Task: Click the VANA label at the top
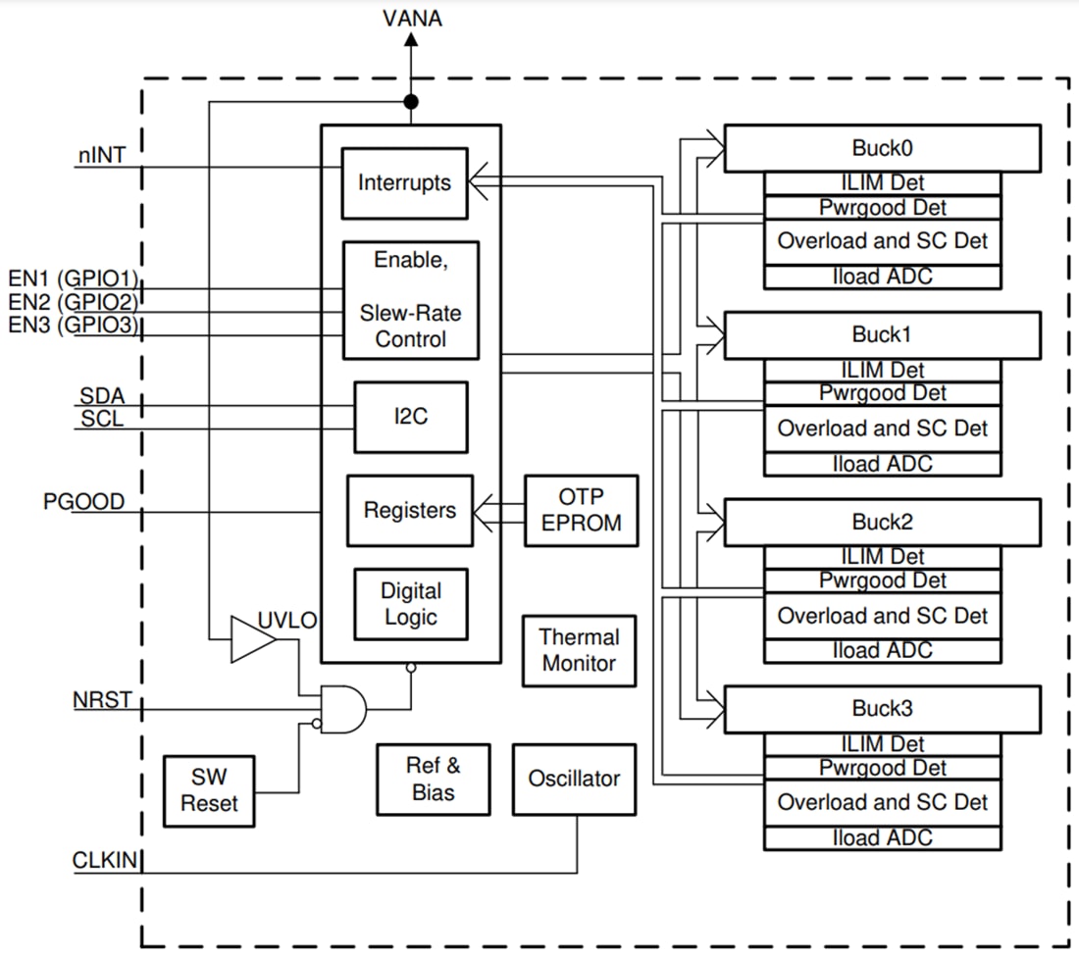coord(411,18)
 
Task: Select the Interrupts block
coord(404,183)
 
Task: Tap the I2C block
coord(410,417)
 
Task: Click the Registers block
coord(409,511)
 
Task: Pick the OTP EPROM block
coord(581,511)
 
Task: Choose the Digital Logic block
coord(410,604)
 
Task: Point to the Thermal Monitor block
coord(579,650)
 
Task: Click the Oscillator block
coord(574,779)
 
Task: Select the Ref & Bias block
coord(433,779)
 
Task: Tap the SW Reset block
coord(209,790)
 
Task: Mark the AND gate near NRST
coord(343,708)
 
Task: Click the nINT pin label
coord(102,155)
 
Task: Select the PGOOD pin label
coord(83,501)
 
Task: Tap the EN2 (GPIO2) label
coord(73,301)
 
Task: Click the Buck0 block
coord(881,148)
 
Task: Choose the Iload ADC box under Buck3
coord(882,837)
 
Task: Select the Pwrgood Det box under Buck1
coord(882,393)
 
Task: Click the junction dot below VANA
coord(411,102)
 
